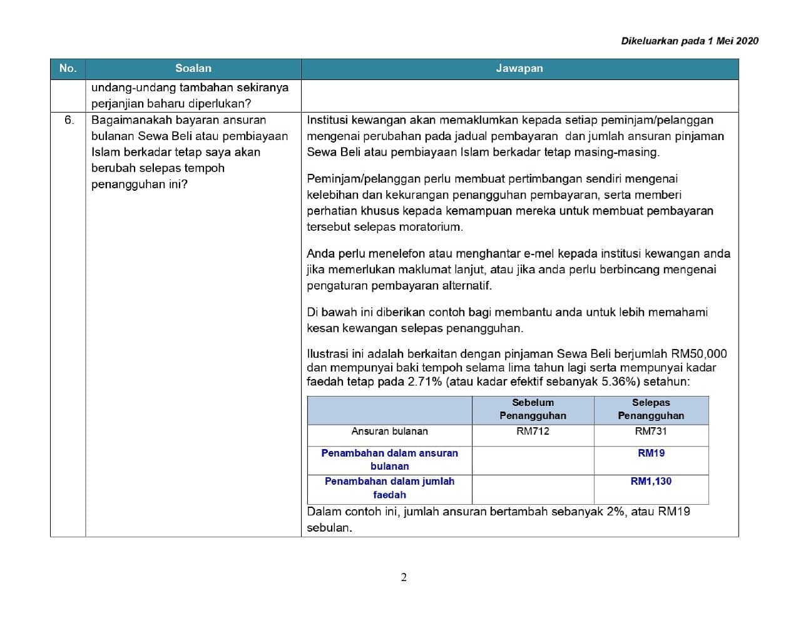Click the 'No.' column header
coord(68,69)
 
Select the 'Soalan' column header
coord(193,69)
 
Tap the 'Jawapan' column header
coord(519,69)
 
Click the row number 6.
coord(69,120)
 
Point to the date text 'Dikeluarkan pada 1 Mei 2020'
coord(690,41)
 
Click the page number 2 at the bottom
coord(404,577)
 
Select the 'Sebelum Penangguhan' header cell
coord(533,409)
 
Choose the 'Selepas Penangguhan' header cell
coord(651,409)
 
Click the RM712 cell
coord(533,432)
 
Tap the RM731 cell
coord(651,432)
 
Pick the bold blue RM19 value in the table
coord(651,453)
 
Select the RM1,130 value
coord(651,482)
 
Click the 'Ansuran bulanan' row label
coord(389,432)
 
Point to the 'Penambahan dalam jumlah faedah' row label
coord(389,488)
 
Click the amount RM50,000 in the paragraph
coord(699,354)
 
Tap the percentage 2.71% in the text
coord(425,382)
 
